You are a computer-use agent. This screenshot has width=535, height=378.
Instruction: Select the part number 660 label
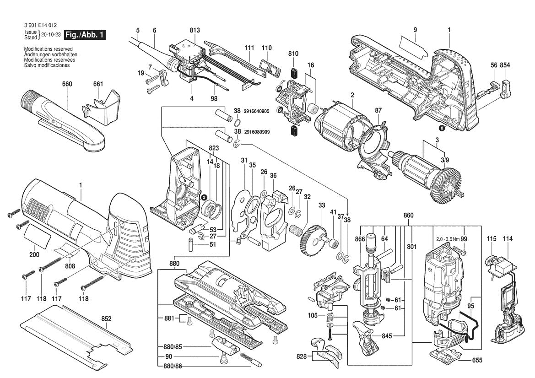pos(67,84)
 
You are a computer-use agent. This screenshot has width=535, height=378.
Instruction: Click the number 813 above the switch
pos(195,30)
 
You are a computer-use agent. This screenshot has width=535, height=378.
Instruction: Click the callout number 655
pos(477,360)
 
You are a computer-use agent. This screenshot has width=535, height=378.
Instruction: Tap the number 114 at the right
pos(508,239)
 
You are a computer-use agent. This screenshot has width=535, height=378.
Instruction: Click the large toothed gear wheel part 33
pos(312,238)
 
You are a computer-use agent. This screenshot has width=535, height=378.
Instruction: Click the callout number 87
pos(378,110)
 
